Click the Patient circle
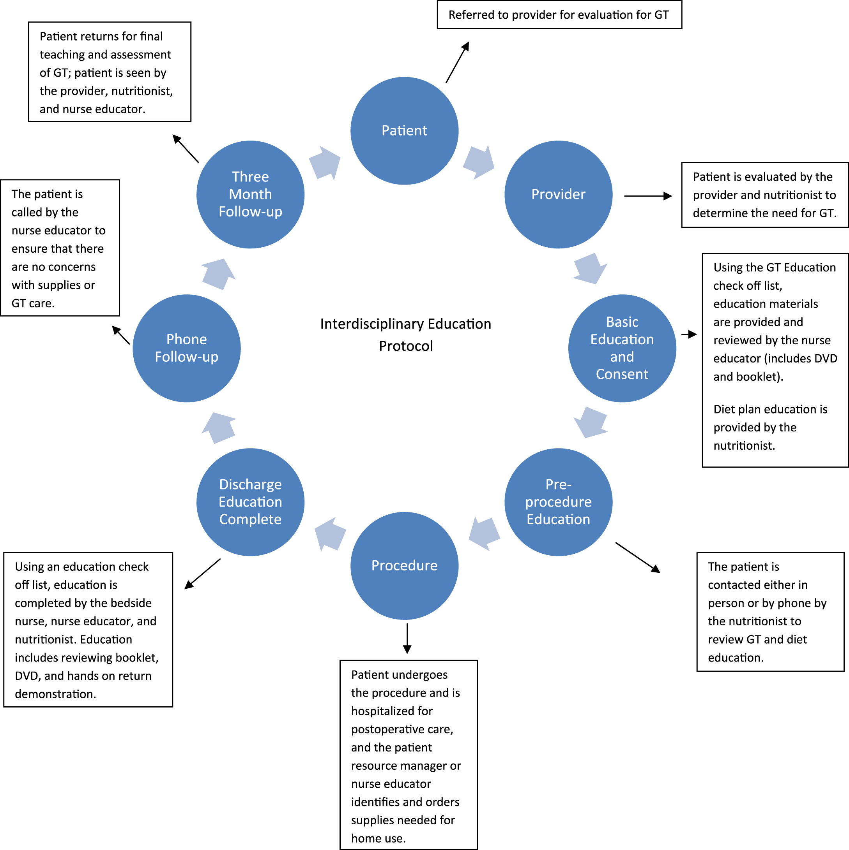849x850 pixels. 404,131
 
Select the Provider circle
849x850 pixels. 558,194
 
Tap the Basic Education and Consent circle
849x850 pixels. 622,348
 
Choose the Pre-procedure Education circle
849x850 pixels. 558,502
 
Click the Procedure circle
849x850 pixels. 404,566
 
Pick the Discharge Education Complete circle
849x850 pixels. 250,502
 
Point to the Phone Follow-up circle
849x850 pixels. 186,348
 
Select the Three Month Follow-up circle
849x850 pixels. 250,194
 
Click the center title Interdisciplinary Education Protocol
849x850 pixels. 405,335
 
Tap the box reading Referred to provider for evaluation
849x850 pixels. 559,15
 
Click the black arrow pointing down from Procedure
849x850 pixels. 407,638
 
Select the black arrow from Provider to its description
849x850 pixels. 647,196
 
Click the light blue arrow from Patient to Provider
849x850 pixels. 479,162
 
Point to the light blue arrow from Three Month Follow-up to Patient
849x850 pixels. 325,163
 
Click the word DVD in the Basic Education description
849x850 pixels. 826,359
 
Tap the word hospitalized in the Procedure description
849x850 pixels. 391,711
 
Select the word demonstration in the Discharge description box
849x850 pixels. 55,694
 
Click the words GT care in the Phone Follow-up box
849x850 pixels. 33,303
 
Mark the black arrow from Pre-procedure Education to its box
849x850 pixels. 637,558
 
